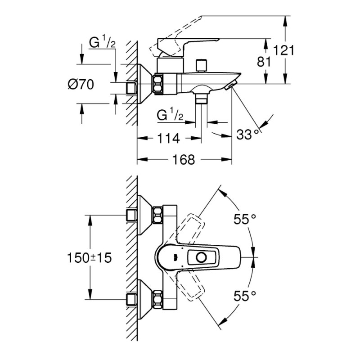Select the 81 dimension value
[263, 62]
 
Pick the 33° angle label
[249, 135]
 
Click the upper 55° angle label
[245, 219]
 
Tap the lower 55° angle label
[245, 296]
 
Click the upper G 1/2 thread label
[102, 44]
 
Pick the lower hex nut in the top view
[157, 300]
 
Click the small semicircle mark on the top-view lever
[173, 257]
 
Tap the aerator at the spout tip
[230, 85]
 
